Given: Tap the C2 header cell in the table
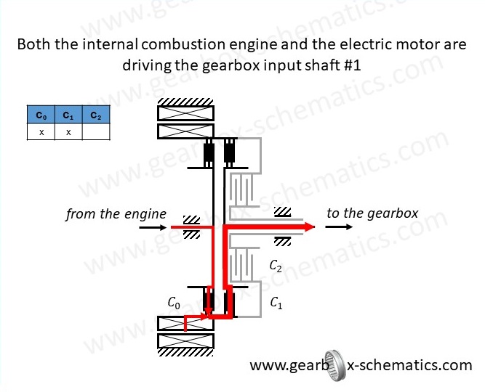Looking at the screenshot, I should click(x=95, y=115).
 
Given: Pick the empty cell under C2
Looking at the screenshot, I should click(x=95, y=131).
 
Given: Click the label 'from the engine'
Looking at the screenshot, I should click(x=116, y=214).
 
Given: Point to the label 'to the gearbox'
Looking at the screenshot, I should click(x=373, y=213).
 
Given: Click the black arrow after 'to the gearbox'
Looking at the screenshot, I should click(x=340, y=227).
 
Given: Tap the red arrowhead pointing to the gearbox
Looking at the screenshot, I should click(x=309, y=227).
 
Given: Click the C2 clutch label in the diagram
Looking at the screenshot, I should click(x=276, y=266).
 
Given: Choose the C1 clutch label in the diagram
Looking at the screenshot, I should click(x=277, y=303).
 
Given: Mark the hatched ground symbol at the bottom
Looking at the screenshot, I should click(x=185, y=354).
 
